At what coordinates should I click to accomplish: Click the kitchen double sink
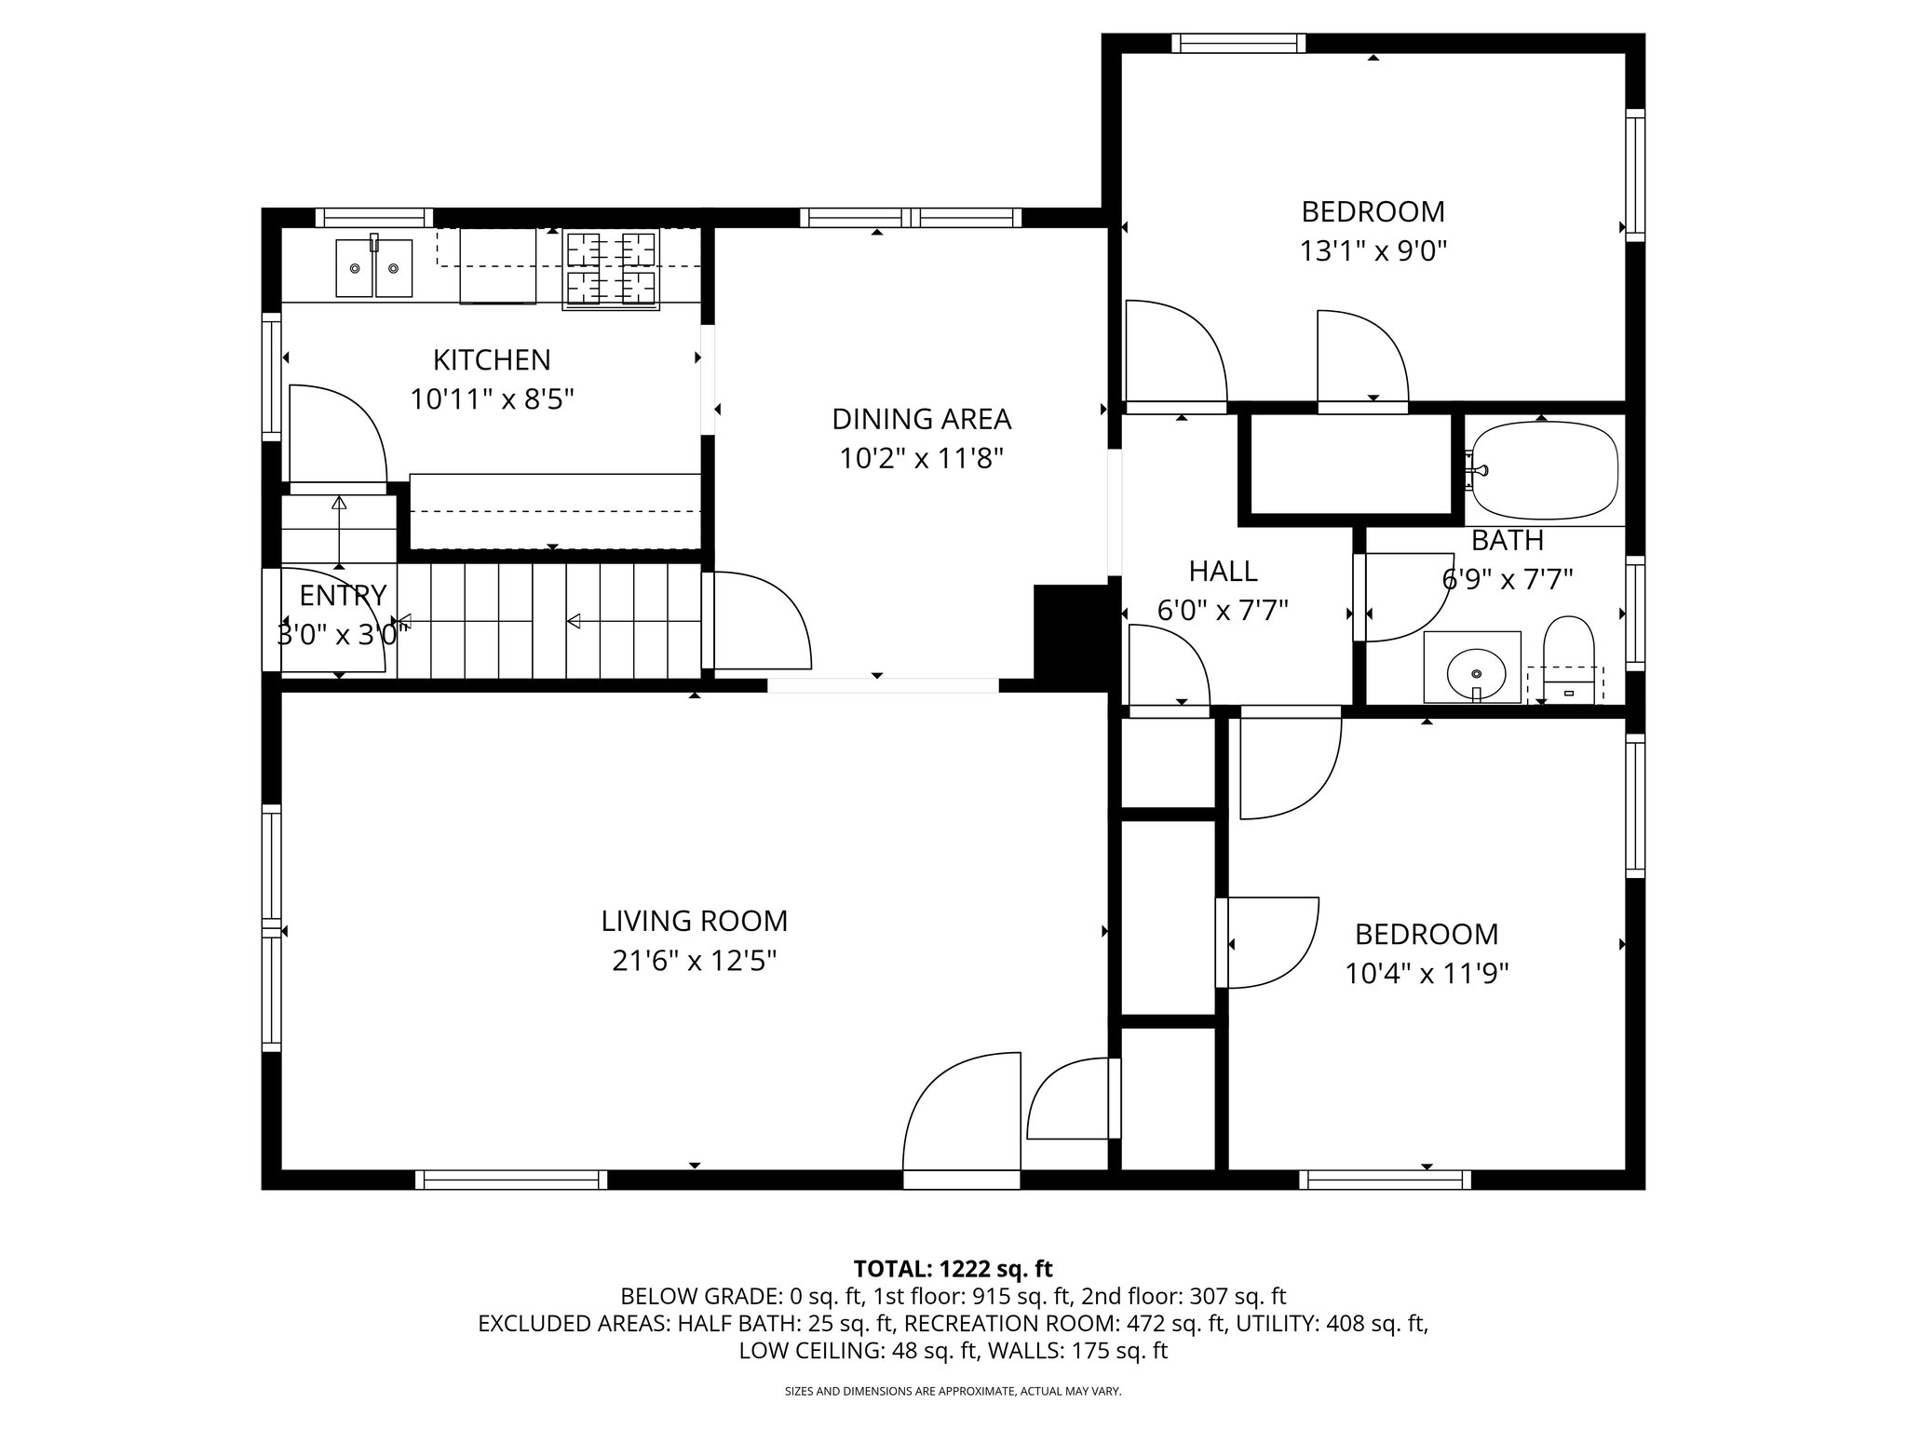(373, 268)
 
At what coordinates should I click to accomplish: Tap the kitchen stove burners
(611, 270)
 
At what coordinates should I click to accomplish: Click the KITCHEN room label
(492, 359)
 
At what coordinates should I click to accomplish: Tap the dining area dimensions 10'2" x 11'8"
(921, 459)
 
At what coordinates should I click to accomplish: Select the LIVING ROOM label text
(694, 921)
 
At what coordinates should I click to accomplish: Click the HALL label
(1223, 571)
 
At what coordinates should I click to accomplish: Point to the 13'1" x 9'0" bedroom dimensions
(1373, 251)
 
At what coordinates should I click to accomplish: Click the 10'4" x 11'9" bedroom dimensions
(1427, 974)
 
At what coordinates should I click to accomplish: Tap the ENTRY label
(342, 595)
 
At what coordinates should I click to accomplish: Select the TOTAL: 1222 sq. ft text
(953, 1268)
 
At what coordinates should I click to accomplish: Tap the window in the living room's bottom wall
(510, 1180)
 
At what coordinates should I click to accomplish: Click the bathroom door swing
(1401, 598)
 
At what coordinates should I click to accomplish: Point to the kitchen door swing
(335, 433)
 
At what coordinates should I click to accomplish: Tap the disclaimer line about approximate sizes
(953, 1392)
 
